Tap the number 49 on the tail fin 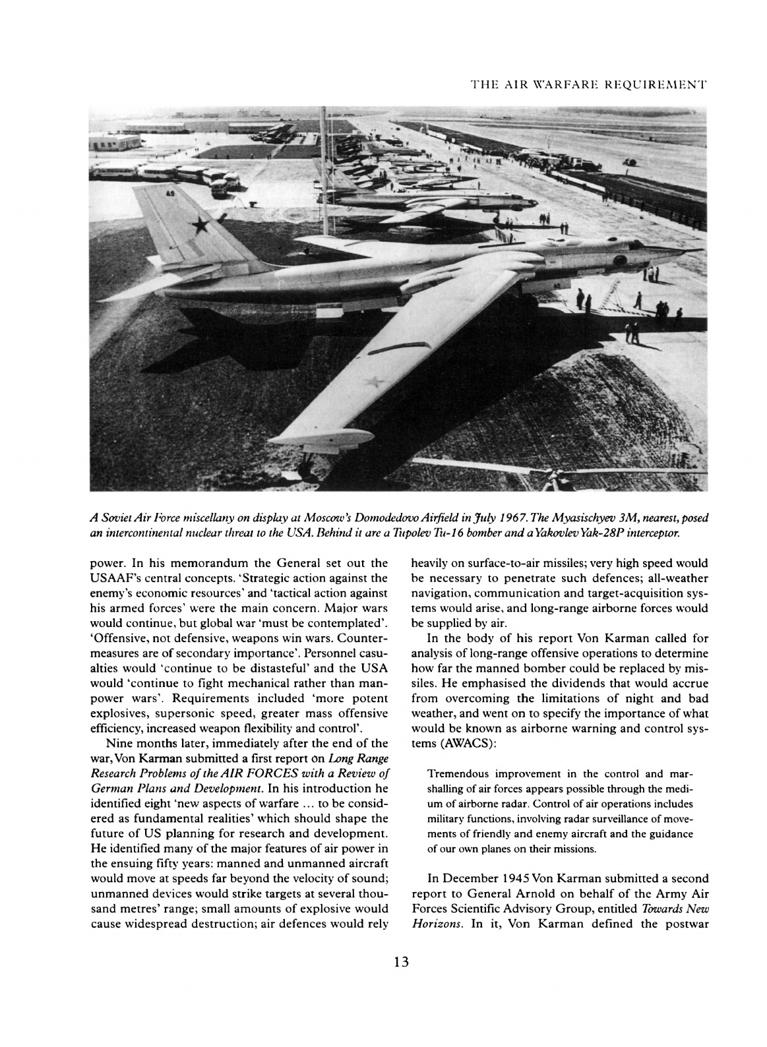coord(171,194)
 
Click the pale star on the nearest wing coord(374,382)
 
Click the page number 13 coord(401,962)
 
